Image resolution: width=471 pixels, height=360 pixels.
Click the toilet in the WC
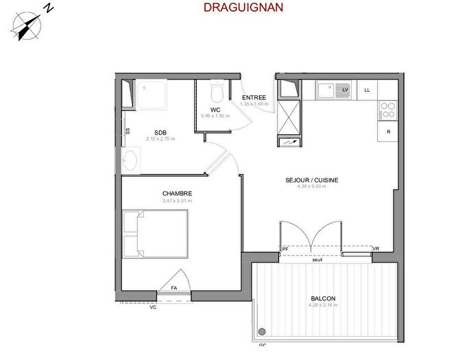tap(217, 91)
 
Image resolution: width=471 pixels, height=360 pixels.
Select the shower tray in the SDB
tap(155, 94)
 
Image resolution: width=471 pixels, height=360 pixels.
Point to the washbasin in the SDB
tap(129, 160)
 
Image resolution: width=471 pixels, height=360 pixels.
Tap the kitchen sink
tap(327, 89)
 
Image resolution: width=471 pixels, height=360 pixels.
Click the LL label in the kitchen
tap(367, 90)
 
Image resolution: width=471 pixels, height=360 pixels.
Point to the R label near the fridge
tap(388, 131)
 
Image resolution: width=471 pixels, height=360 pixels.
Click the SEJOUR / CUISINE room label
tap(312, 180)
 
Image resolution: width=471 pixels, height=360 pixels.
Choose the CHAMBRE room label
tap(177, 193)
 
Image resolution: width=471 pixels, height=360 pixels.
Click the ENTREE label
tap(254, 98)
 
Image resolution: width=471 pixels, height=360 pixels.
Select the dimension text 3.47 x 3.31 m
tap(177, 201)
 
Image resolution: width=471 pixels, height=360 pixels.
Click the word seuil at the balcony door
tap(317, 260)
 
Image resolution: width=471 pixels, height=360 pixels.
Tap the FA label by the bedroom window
tap(174, 287)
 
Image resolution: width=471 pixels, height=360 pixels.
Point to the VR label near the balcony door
tap(375, 248)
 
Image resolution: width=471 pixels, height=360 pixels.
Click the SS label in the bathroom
tap(128, 130)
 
